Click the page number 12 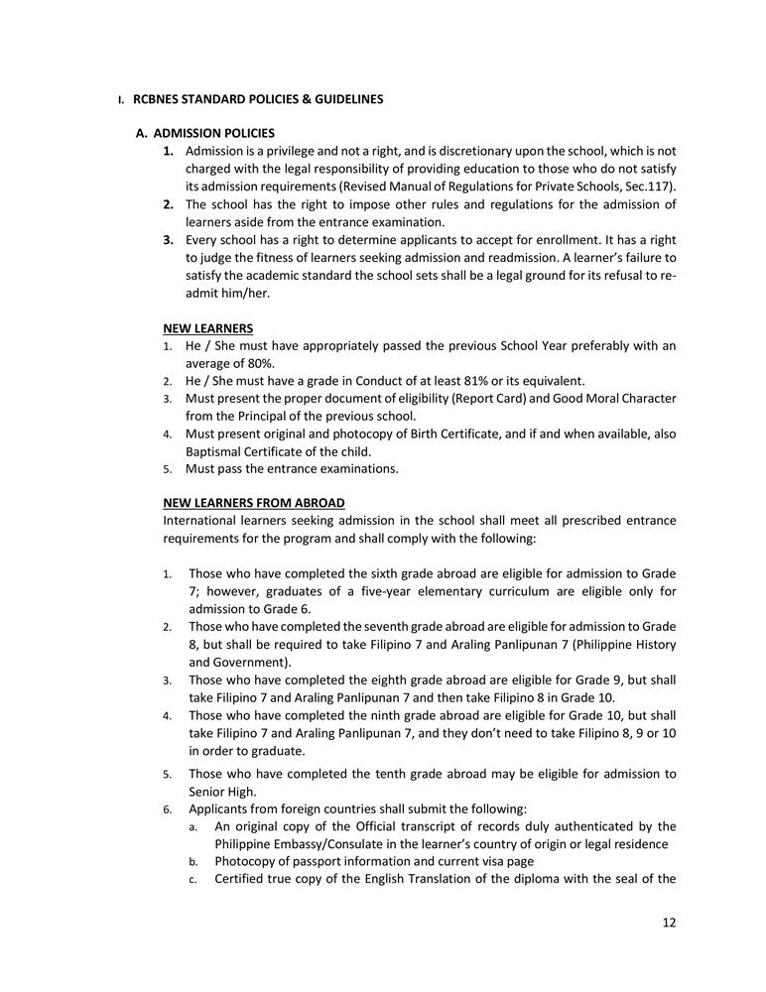669,922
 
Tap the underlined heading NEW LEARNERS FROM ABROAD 254,503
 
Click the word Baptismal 214,451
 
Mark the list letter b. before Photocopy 193,861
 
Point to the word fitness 281,257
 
